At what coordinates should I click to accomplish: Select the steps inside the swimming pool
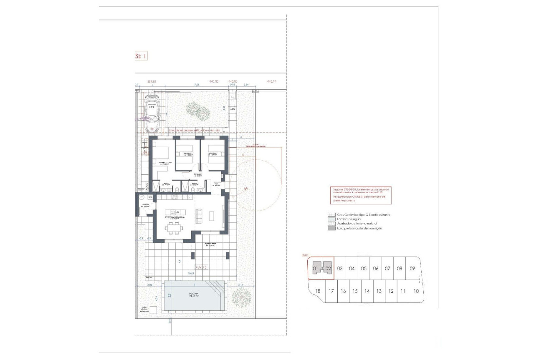tap(217, 287)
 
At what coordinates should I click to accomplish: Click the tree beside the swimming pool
tap(241, 298)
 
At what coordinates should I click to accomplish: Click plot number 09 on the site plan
tap(412, 269)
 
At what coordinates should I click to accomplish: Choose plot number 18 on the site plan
tap(318, 291)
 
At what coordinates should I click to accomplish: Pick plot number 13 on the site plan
tap(379, 291)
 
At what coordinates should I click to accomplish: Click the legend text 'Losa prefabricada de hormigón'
tap(359, 228)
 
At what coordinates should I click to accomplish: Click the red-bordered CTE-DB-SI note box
tap(361, 195)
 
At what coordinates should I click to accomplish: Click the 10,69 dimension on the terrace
tap(191, 274)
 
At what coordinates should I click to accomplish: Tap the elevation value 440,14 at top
tap(272, 82)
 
